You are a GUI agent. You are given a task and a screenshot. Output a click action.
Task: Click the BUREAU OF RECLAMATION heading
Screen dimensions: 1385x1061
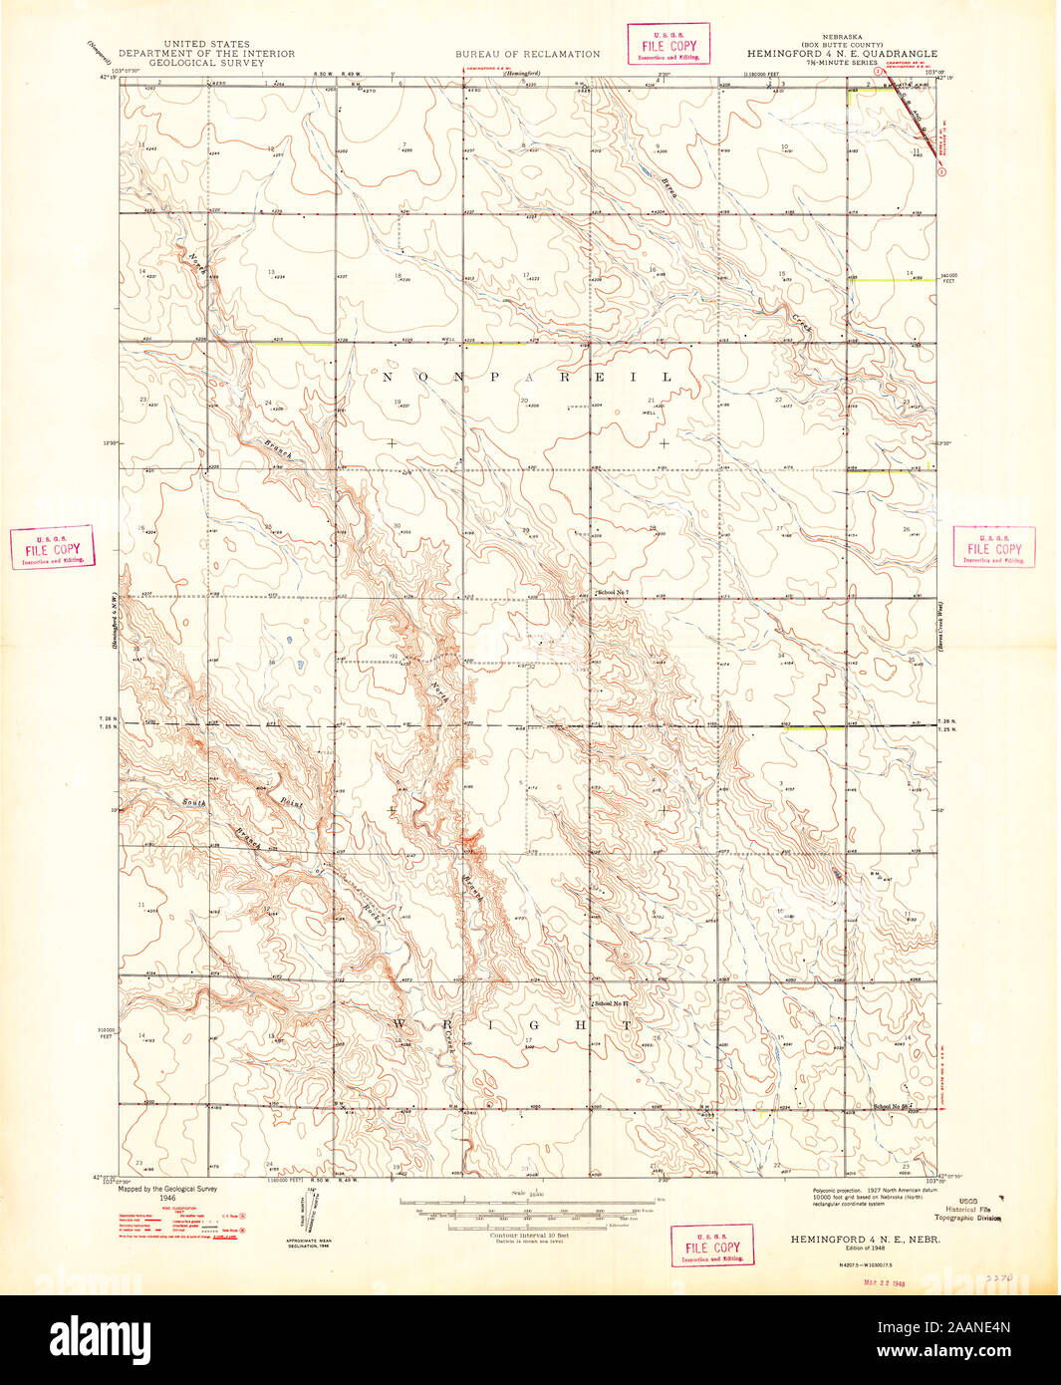[x=528, y=54]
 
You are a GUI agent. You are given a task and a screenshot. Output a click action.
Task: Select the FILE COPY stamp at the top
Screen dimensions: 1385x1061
[x=667, y=45]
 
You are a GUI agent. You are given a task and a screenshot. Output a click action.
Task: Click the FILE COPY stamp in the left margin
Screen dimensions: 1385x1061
[x=53, y=548]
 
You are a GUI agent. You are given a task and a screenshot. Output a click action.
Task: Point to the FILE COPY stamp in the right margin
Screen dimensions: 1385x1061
[x=994, y=548]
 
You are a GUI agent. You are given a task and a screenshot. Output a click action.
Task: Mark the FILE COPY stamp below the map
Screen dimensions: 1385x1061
[x=711, y=1246]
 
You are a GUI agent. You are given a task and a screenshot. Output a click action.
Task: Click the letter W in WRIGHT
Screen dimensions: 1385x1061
[x=402, y=1023]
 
